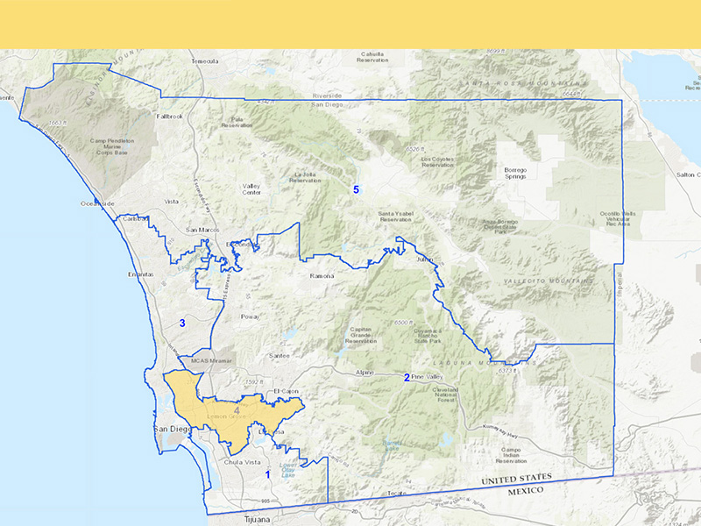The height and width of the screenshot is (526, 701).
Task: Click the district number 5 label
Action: tap(356, 189)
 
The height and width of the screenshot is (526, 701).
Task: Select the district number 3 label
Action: tap(182, 323)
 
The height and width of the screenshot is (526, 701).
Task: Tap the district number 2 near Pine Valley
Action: tap(407, 378)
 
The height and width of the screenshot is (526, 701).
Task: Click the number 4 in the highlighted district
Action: tap(237, 409)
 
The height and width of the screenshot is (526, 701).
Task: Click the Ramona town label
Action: tap(323, 275)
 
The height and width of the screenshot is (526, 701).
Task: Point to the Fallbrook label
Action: tap(169, 116)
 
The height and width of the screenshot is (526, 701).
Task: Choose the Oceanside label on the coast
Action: tap(98, 203)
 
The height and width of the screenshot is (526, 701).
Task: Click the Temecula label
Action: tap(204, 61)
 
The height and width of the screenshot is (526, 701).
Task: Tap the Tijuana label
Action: tap(245, 519)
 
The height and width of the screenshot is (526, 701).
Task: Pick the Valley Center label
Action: tap(251, 189)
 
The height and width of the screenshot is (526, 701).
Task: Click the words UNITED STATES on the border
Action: tap(518, 479)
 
